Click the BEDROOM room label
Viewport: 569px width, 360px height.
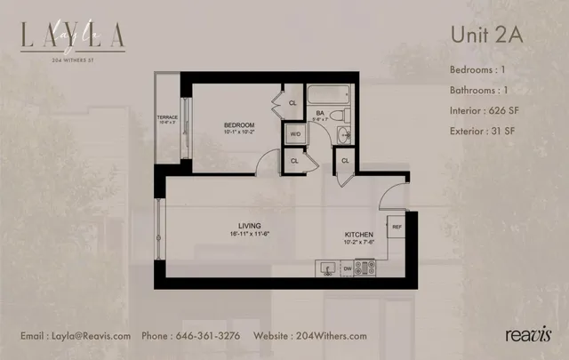[x=239, y=124]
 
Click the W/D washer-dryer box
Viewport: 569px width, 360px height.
[x=294, y=135]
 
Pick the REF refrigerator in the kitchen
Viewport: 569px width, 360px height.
[x=396, y=226]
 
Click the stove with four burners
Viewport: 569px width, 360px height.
[x=366, y=265]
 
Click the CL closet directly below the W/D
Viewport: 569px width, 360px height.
[x=294, y=160]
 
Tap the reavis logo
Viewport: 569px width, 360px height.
[x=528, y=335]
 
